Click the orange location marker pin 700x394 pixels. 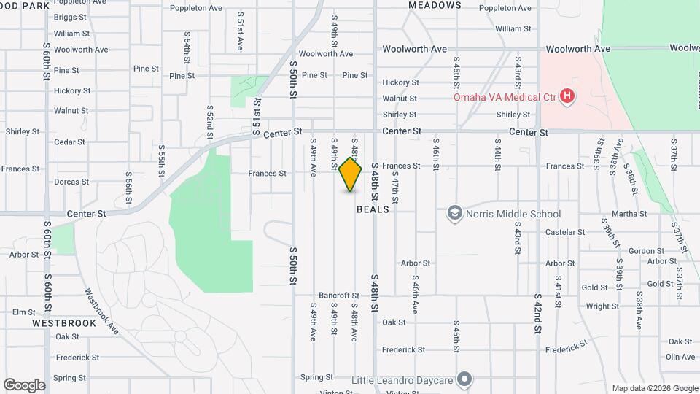tap(350, 174)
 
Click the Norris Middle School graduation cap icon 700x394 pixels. tap(455, 213)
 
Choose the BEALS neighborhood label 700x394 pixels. tap(373, 209)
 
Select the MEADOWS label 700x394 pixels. tap(435, 5)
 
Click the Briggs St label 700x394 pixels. tap(70, 17)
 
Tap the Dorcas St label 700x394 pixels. tap(71, 182)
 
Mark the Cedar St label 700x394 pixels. tap(70, 142)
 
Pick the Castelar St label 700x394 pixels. tap(566, 232)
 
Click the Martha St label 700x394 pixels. tap(629, 214)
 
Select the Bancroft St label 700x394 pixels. tap(335, 295)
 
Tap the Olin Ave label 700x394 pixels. tap(680, 357)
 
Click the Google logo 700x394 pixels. tap(24, 385)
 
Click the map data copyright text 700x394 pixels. tap(654, 388)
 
